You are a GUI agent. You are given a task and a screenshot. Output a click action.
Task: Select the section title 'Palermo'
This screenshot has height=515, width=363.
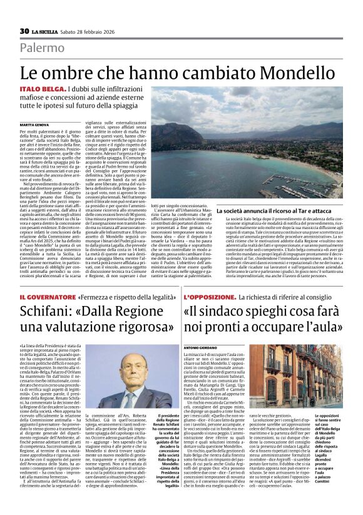(x=41, y=48)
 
